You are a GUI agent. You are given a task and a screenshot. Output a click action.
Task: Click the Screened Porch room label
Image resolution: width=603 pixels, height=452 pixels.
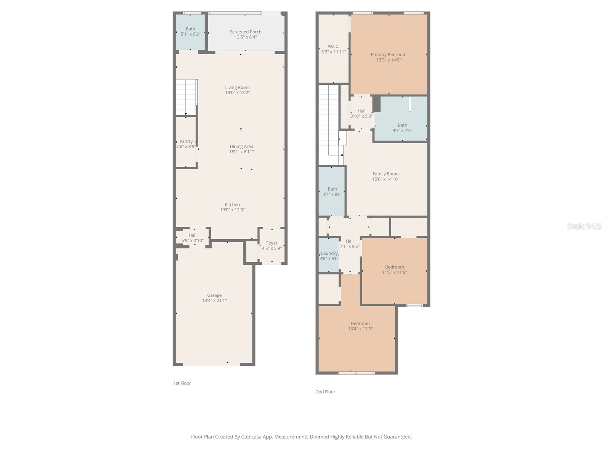[245, 32]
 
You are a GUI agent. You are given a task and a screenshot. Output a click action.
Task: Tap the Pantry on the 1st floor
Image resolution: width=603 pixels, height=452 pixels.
[186, 144]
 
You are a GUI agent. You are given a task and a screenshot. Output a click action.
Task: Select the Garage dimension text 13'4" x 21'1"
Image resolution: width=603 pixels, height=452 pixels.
[214, 301]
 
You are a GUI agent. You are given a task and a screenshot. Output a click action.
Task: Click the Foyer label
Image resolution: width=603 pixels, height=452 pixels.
[271, 243]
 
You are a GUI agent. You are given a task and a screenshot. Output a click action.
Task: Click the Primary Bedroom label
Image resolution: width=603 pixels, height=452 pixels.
[388, 55]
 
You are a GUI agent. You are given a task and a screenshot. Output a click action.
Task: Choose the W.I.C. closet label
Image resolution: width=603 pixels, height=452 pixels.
[333, 47]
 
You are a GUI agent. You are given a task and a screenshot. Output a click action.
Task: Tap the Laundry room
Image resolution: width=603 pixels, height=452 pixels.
[329, 255]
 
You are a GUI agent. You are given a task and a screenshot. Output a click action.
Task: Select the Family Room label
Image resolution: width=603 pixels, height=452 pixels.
[385, 174]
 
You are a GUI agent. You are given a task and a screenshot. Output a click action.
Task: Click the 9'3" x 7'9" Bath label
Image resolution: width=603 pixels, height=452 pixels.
[402, 128]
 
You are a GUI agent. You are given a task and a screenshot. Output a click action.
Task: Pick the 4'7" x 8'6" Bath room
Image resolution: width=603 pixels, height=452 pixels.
[332, 192]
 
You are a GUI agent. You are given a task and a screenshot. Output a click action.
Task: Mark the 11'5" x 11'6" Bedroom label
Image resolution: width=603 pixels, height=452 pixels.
[394, 267]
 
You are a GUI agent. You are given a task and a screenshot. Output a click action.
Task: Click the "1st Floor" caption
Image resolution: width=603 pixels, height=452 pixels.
[182, 383]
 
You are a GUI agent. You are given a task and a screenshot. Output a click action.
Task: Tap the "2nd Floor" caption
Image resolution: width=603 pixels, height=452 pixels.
[325, 392]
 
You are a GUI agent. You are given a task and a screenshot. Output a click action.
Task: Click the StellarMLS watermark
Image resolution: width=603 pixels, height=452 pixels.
[584, 226]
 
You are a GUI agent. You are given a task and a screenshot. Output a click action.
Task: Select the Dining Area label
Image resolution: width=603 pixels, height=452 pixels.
[241, 147]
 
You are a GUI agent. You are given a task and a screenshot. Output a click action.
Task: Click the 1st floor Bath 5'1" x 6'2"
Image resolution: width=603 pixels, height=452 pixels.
[190, 31]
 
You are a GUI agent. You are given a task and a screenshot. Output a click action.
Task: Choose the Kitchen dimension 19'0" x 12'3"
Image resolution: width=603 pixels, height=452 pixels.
[232, 210]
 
